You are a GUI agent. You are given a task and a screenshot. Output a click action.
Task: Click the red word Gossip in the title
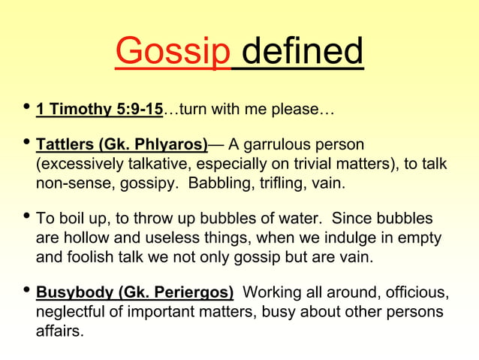[x=173, y=53]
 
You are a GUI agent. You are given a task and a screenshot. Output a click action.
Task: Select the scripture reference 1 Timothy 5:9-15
[x=99, y=110]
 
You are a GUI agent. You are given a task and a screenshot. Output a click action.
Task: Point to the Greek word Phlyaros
[x=175, y=144]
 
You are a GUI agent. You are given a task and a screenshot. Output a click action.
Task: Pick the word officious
[x=420, y=292]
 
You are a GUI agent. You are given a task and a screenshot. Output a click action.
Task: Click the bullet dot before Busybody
[x=25, y=290]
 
